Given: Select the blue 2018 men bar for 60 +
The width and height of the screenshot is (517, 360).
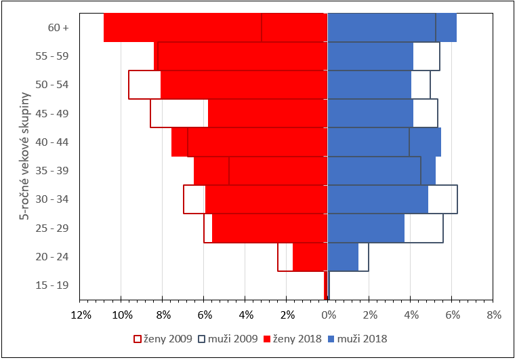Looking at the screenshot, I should tap(392, 28).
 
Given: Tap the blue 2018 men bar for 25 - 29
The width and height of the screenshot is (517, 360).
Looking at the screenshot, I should tap(366, 228).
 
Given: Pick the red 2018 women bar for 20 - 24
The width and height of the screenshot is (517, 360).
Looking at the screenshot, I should tap(310, 257).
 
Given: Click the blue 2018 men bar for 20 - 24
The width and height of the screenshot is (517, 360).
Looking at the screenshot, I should tap(343, 257).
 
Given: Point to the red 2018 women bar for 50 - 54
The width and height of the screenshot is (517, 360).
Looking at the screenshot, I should tap(244, 85).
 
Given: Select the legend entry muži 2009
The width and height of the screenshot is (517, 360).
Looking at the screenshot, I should tap(230, 338).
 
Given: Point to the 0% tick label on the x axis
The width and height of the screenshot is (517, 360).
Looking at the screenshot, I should tap(328, 315).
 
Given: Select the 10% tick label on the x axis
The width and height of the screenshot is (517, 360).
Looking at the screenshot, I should tap(122, 315).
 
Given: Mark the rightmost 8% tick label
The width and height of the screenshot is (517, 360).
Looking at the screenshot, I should tap(493, 315).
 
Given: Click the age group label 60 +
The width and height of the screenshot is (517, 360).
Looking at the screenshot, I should tap(58, 28).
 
